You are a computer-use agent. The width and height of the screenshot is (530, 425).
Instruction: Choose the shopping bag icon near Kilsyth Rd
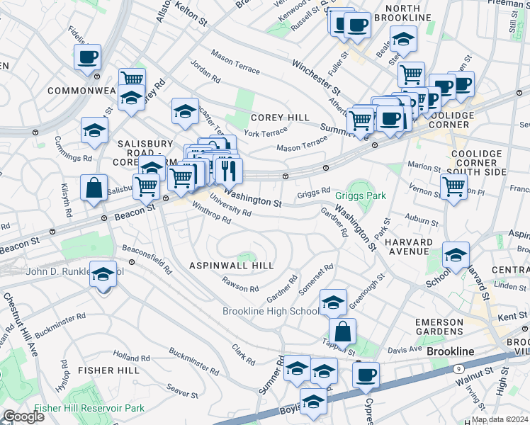94,189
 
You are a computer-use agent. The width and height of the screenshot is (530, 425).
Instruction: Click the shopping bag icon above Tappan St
342,331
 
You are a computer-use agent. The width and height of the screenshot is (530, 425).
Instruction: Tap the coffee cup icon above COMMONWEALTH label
87,57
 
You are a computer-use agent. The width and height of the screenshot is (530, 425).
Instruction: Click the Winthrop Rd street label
211,214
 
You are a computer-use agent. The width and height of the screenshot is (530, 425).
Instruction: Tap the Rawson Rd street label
239,286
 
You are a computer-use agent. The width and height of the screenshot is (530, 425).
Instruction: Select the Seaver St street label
181,392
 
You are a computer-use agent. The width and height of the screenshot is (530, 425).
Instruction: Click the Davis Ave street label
405,350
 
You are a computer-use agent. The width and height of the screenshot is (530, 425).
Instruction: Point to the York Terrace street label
265,132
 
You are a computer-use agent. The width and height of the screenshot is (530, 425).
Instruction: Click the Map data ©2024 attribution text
500,419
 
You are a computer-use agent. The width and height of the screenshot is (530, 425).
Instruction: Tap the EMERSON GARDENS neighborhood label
439,327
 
